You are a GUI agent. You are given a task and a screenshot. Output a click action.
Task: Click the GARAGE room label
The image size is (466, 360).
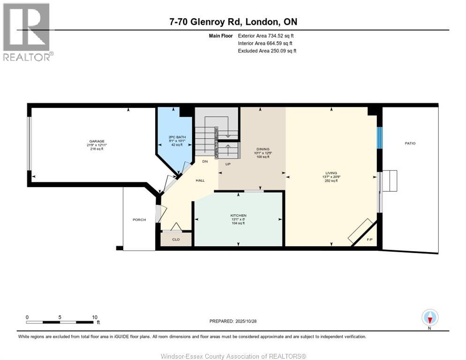(x=97, y=141)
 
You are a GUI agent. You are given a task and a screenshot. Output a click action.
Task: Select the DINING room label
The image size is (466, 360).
(x=263, y=149)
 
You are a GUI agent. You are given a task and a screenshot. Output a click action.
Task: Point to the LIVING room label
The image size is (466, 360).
(x=332, y=173)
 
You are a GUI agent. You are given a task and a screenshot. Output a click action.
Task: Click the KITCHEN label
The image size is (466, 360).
(x=238, y=215)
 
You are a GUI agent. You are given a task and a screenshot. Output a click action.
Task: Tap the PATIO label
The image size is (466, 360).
(x=410, y=143)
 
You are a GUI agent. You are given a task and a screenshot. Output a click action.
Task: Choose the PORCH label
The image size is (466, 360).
(x=139, y=220)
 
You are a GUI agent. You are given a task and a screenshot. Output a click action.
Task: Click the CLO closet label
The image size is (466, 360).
(x=176, y=240)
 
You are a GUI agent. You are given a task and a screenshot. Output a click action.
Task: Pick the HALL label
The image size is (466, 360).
(x=200, y=180)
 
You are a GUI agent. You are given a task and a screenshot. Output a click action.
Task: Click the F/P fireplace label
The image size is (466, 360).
(x=369, y=240)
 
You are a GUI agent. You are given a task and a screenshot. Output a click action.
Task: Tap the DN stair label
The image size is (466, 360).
(x=205, y=161)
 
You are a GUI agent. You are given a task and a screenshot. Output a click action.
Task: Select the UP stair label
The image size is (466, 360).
(x=228, y=164)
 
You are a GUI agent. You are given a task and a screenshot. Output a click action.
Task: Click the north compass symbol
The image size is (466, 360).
(x=430, y=318)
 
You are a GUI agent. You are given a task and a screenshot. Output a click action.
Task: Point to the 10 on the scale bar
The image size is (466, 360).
(x=95, y=317)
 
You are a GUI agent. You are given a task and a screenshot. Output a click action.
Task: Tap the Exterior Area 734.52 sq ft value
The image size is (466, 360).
(x=265, y=36)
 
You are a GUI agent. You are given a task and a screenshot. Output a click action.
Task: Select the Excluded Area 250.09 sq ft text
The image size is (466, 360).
(x=267, y=51)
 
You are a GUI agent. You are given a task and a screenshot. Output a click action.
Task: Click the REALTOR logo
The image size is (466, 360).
(x=27, y=31)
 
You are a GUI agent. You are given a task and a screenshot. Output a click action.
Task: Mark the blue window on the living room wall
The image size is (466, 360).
(x=380, y=137)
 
